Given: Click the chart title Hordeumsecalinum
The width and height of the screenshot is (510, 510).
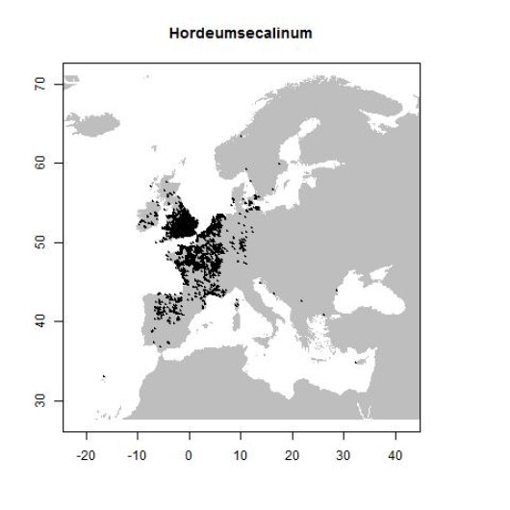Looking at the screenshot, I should (x=241, y=34).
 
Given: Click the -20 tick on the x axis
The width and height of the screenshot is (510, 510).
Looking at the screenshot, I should (x=86, y=450).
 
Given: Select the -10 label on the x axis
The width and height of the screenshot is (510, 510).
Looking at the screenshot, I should (x=138, y=450).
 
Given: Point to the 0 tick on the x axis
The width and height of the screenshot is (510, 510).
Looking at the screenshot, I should (x=190, y=450).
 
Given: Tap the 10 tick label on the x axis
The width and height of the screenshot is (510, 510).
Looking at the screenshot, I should (x=241, y=450).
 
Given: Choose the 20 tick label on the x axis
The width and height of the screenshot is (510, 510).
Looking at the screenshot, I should (x=293, y=450).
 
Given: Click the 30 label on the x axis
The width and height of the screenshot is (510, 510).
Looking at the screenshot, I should (x=344, y=450).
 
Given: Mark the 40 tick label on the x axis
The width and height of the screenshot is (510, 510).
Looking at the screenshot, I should (x=395, y=450).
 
